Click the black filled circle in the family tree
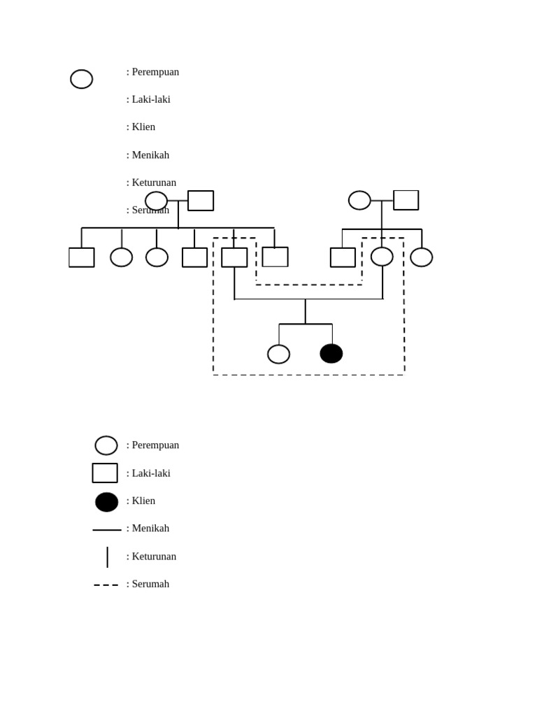click(x=331, y=354)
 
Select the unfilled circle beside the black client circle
click(x=278, y=355)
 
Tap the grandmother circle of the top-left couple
click(x=156, y=201)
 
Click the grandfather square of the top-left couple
click(x=201, y=201)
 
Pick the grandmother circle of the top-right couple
click(x=359, y=201)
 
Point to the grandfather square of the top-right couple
click(x=406, y=200)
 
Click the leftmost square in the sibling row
click(x=82, y=257)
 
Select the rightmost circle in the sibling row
click(x=421, y=257)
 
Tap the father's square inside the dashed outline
click(x=234, y=257)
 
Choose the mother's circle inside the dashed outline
click(x=382, y=257)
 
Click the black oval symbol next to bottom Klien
click(x=106, y=502)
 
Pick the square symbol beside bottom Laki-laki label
click(x=105, y=473)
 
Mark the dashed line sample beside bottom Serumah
click(x=106, y=585)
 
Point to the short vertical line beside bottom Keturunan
click(x=107, y=557)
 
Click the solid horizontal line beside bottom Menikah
click(x=106, y=530)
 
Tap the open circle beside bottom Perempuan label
click(x=106, y=445)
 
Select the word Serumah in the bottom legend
click(x=150, y=584)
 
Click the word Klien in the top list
click(x=143, y=127)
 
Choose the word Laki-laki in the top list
click(x=151, y=99)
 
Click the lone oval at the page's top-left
click(x=82, y=79)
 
